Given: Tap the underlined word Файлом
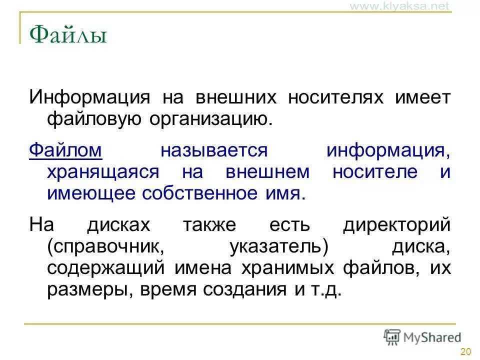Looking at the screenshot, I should (x=65, y=150).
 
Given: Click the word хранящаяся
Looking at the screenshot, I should (x=103, y=172).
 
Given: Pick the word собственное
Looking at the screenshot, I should (x=200, y=194).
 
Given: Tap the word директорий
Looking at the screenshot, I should (x=397, y=224).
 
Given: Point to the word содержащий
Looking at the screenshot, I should (x=106, y=268).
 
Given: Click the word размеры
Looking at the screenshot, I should (x=83, y=290).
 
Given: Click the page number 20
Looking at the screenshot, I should (x=465, y=351).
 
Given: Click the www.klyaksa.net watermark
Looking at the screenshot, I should (x=399, y=6).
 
